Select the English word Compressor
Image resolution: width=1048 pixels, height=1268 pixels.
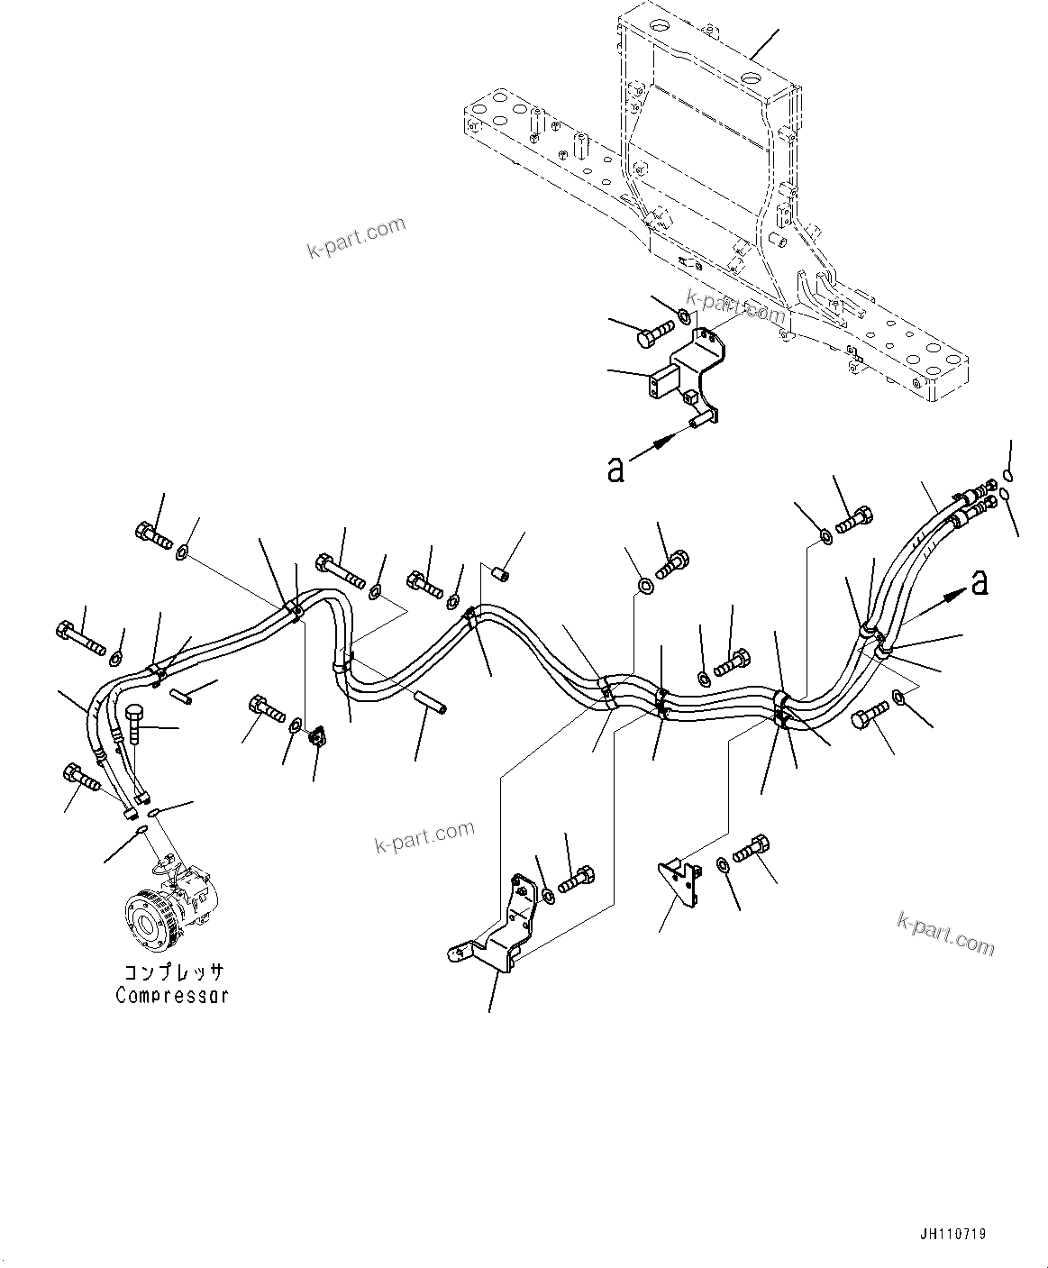(x=171, y=995)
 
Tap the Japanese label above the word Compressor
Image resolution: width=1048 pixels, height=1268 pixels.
(x=173, y=973)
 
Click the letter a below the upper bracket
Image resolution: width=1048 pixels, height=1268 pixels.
(x=615, y=469)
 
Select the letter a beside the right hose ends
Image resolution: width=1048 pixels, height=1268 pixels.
(x=979, y=584)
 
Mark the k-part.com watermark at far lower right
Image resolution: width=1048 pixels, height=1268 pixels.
(x=946, y=932)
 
